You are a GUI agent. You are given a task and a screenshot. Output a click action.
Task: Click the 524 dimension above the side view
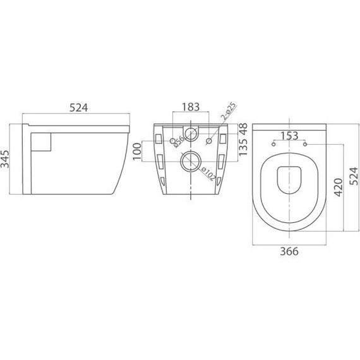click(x=77, y=107)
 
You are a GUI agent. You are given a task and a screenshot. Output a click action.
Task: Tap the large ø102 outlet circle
click(x=189, y=162)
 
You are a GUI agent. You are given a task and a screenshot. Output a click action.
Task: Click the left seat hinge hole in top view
click(x=273, y=145)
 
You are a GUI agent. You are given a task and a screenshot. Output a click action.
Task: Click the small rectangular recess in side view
click(x=40, y=142)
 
